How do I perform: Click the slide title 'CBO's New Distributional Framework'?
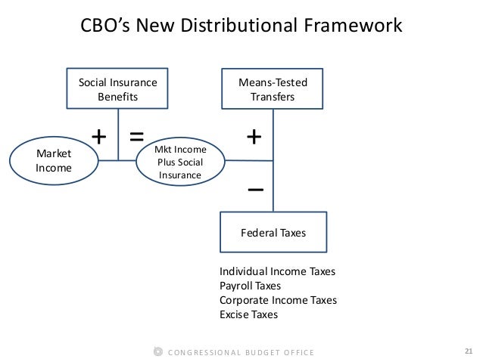241,26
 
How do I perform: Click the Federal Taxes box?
273,233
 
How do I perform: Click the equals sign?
136,137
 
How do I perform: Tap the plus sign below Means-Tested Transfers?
255,137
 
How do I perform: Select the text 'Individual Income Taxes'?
277,271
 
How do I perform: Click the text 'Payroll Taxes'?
250,286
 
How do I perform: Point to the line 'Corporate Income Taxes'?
278,300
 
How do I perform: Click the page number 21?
468,351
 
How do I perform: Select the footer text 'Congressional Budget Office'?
240,353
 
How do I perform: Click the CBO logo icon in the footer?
157,352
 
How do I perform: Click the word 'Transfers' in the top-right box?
273,97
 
